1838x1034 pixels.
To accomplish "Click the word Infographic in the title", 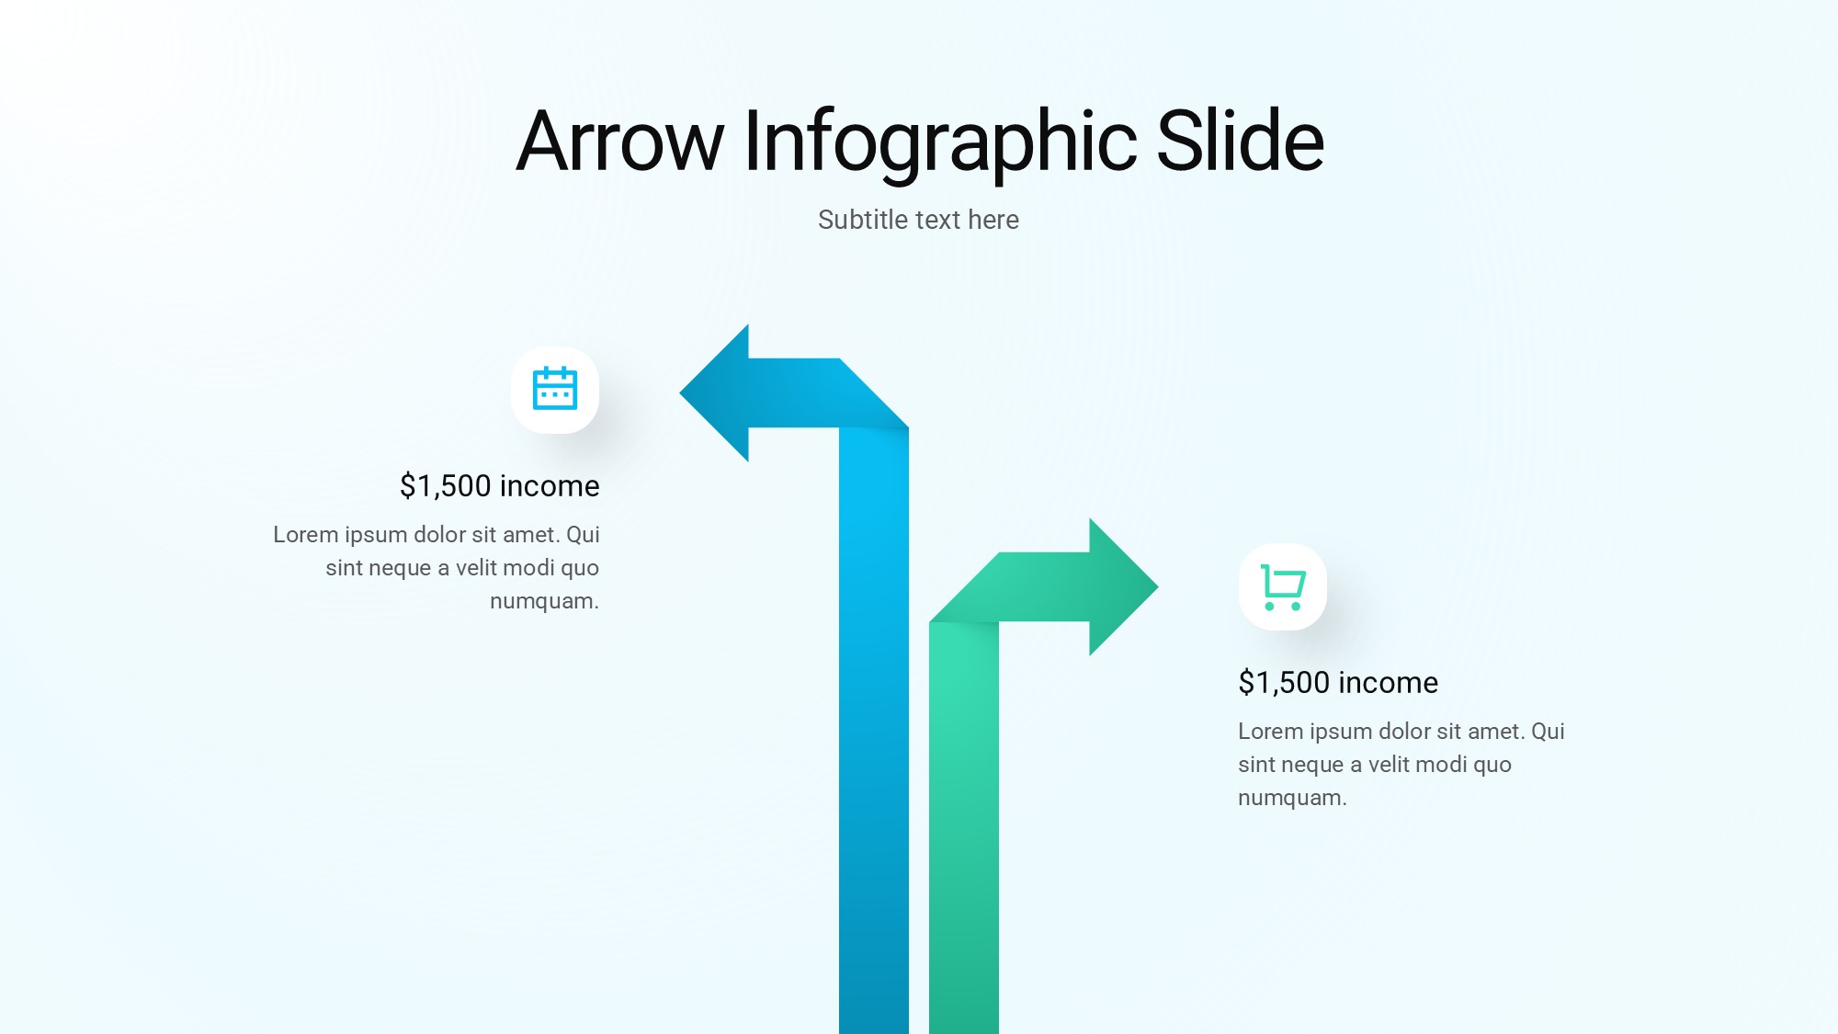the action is (x=940, y=142).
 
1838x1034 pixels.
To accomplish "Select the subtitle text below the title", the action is (x=918, y=220).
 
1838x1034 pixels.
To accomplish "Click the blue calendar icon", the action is (x=555, y=388).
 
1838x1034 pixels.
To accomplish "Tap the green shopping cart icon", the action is (x=1283, y=587).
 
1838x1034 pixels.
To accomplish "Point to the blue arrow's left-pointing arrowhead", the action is (x=714, y=392).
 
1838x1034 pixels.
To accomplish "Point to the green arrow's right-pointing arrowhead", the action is (x=1124, y=586).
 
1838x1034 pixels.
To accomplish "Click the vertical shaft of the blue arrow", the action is (x=874, y=731).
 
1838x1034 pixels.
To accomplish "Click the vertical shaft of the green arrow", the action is (x=964, y=827).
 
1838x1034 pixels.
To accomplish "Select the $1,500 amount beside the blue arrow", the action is (x=446, y=486).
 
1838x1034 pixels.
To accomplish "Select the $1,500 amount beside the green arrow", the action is (x=1284, y=683).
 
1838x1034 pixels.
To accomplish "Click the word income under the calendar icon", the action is (x=550, y=486).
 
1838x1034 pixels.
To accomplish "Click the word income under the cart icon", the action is (x=1389, y=683).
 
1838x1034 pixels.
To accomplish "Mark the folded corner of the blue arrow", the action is (x=874, y=393).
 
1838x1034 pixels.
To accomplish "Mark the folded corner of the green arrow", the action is (x=964, y=588).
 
